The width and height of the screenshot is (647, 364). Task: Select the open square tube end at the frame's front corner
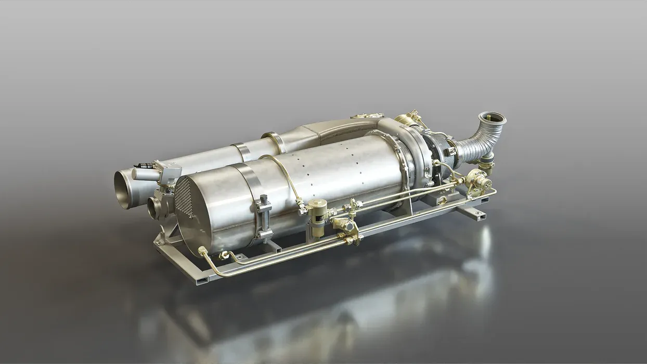coord(199,280)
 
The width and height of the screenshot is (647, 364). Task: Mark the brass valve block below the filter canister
coord(346,229)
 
